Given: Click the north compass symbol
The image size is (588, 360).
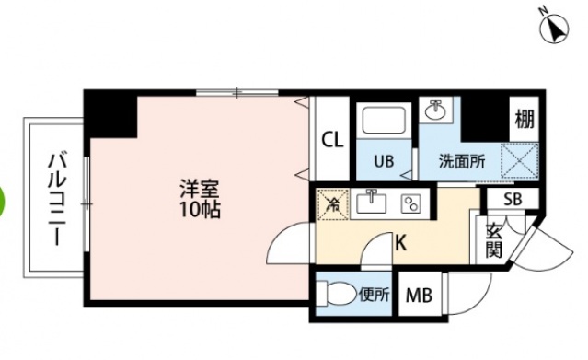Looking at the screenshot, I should pyautogui.click(x=554, y=30).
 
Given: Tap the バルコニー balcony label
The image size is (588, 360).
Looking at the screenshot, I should pyautogui.click(x=55, y=199).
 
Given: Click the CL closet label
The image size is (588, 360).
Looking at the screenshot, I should pyautogui.click(x=331, y=140).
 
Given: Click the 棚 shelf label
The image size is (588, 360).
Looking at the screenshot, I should pyautogui.click(x=523, y=119).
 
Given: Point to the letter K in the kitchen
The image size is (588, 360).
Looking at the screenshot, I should pyautogui.click(x=400, y=243).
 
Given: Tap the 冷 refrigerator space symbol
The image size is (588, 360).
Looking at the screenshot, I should pyautogui.click(x=331, y=203).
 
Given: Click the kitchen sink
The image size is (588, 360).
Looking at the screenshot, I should pyautogui.click(x=372, y=201).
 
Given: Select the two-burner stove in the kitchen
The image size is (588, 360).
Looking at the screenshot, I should pyautogui.click(x=411, y=202).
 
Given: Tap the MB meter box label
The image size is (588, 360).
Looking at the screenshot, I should pyautogui.click(x=420, y=296).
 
